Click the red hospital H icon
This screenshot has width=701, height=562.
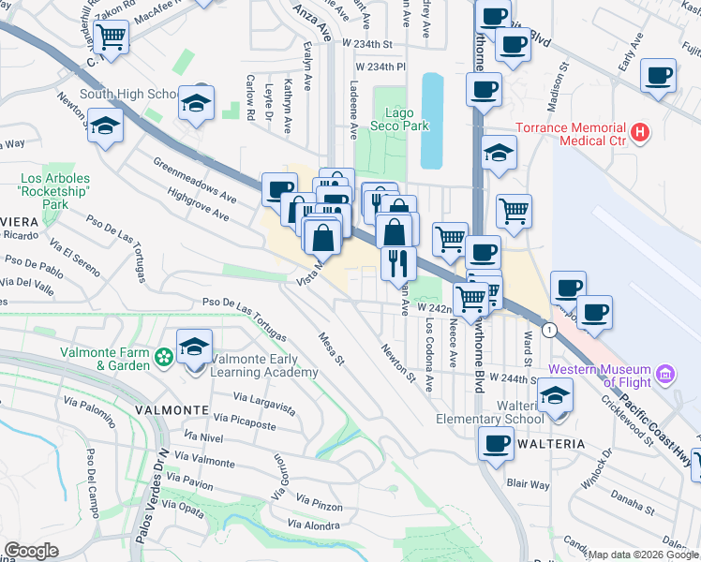coord(641,133)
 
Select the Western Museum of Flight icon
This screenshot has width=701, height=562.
coord(666,376)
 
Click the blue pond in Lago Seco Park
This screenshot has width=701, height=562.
coord(432,121)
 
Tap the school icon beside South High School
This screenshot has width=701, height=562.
coord(198,102)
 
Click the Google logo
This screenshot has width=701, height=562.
coord(31,550)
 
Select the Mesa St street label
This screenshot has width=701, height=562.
coord(333,348)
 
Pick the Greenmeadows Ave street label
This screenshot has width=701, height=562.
coord(195,181)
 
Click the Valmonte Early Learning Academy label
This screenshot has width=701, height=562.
coord(264,365)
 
